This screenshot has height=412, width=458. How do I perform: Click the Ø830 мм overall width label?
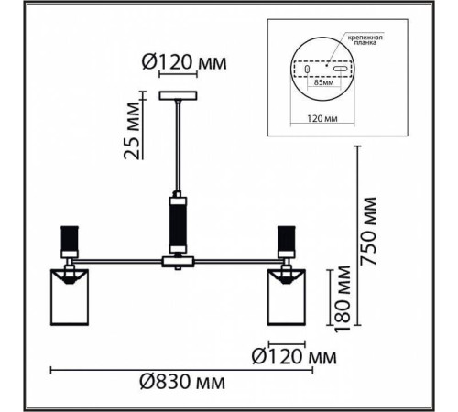pyautogui.click(x=182, y=382)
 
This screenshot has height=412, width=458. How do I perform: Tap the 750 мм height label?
pyautogui.click(x=368, y=231)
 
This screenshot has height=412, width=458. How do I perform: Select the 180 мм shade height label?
pyautogui.click(x=343, y=298)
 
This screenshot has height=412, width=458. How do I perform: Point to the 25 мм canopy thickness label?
pyautogui.click(x=132, y=131)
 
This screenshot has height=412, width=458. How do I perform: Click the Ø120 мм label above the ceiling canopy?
pyautogui.click(x=184, y=62)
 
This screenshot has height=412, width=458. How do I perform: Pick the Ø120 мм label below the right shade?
pyautogui.click(x=294, y=357)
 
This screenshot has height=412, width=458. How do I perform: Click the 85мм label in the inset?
pyautogui.click(x=323, y=82)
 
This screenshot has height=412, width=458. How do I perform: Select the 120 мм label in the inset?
pyautogui.click(x=322, y=118)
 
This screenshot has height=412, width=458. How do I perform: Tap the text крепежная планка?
pyautogui.click(x=365, y=40)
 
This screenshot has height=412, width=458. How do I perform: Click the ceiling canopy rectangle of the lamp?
pyautogui.click(x=178, y=95)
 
